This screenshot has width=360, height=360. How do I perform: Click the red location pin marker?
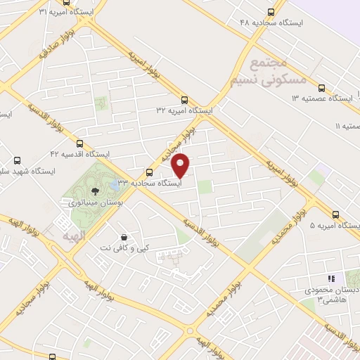(x=181, y=165)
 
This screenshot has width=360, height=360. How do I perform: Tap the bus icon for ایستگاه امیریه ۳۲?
(x=184, y=99)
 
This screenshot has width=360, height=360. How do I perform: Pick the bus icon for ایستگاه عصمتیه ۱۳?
(x=321, y=88)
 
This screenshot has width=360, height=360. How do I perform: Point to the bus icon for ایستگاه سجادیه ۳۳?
(x=149, y=172)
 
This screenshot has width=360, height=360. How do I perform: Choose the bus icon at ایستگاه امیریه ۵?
(x=335, y=215)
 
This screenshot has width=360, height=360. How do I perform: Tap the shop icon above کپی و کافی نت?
(x=124, y=237)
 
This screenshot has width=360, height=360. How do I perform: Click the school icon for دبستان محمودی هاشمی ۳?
(x=331, y=279)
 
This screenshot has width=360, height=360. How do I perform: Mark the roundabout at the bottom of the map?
(x=188, y=330)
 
